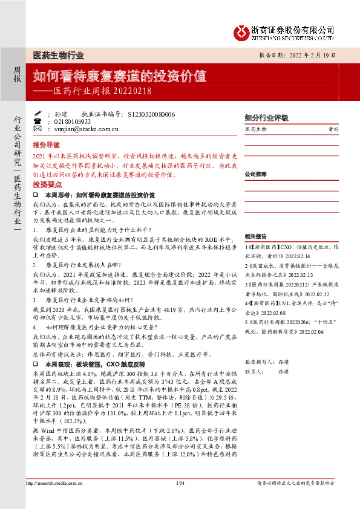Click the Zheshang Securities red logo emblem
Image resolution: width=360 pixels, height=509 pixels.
[243, 30]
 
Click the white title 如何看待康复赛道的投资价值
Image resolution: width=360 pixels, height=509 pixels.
[119, 77]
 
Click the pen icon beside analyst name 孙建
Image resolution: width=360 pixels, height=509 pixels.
[38, 113]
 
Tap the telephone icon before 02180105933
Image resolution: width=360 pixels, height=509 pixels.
[38, 121]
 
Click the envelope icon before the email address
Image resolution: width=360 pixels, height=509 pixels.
[38, 128]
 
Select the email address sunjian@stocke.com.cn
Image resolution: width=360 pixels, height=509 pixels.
[82, 129]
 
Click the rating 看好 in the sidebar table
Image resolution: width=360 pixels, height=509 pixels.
[333, 129]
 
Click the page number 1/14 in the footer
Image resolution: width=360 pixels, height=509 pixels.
[180, 499]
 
